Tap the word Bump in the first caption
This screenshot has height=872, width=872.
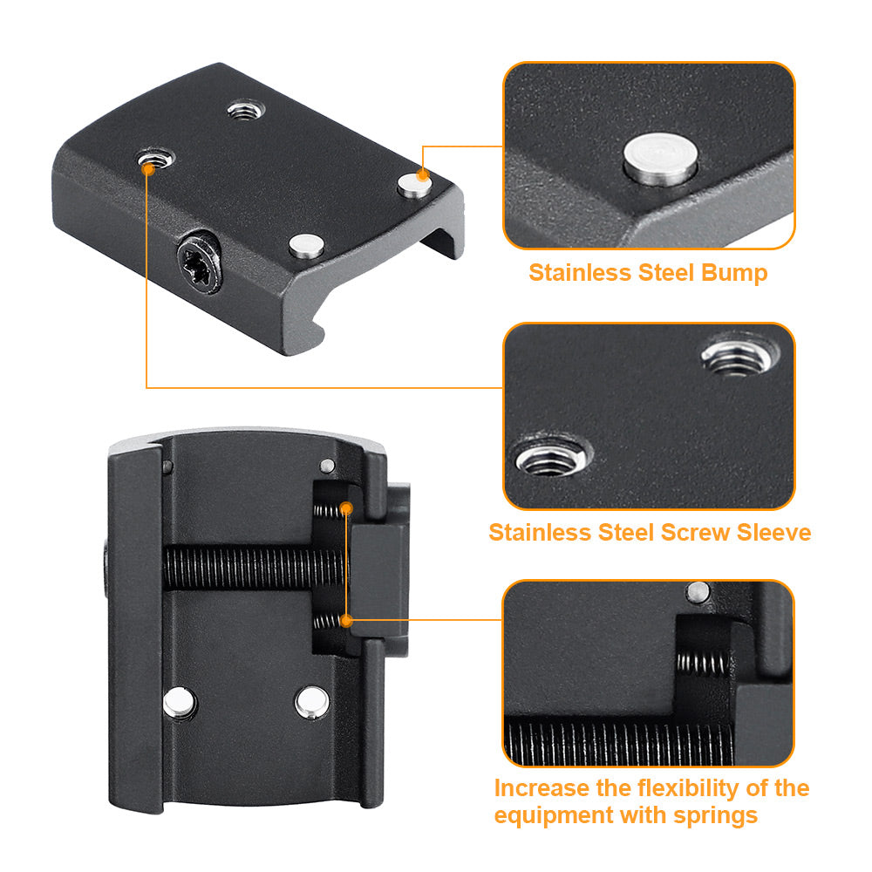[733, 273]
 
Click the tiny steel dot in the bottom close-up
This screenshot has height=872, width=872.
[695, 593]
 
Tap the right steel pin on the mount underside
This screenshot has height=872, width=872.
[310, 701]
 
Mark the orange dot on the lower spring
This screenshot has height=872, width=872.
[346, 621]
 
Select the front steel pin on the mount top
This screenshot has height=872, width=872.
[306, 247]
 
